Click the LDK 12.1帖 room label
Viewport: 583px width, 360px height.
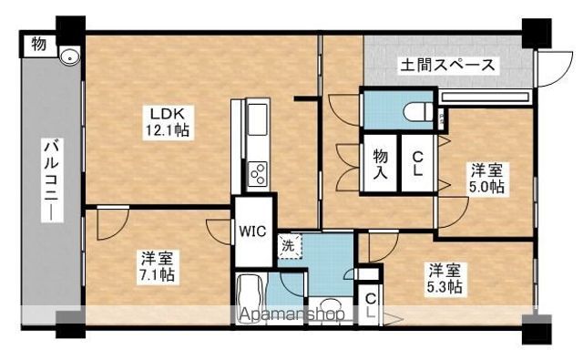coord(168,121)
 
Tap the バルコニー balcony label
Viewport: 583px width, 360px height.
coord(52,180)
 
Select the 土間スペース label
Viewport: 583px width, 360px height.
coord(448,66)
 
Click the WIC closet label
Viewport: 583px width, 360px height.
coord(253,231)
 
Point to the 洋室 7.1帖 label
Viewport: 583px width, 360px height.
coord(158,267)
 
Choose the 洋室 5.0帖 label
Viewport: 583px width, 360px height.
coord(487,179)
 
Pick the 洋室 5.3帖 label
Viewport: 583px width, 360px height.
coord(445,278)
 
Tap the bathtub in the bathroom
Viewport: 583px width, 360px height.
coord(250,299)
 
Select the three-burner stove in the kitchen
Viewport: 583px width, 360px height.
coord(257,174)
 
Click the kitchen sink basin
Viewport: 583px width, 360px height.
coord(257,119)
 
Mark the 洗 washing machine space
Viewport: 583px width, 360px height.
coord(290,245)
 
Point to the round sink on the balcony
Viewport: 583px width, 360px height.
coord(69,57)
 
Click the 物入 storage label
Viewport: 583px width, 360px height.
coord(381,164)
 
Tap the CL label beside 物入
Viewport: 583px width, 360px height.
coord(417,164)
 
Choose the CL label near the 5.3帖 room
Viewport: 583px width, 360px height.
coord(371,305)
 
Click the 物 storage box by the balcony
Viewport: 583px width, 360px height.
coord(38,45)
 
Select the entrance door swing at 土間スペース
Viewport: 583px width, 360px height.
coord(554,68)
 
